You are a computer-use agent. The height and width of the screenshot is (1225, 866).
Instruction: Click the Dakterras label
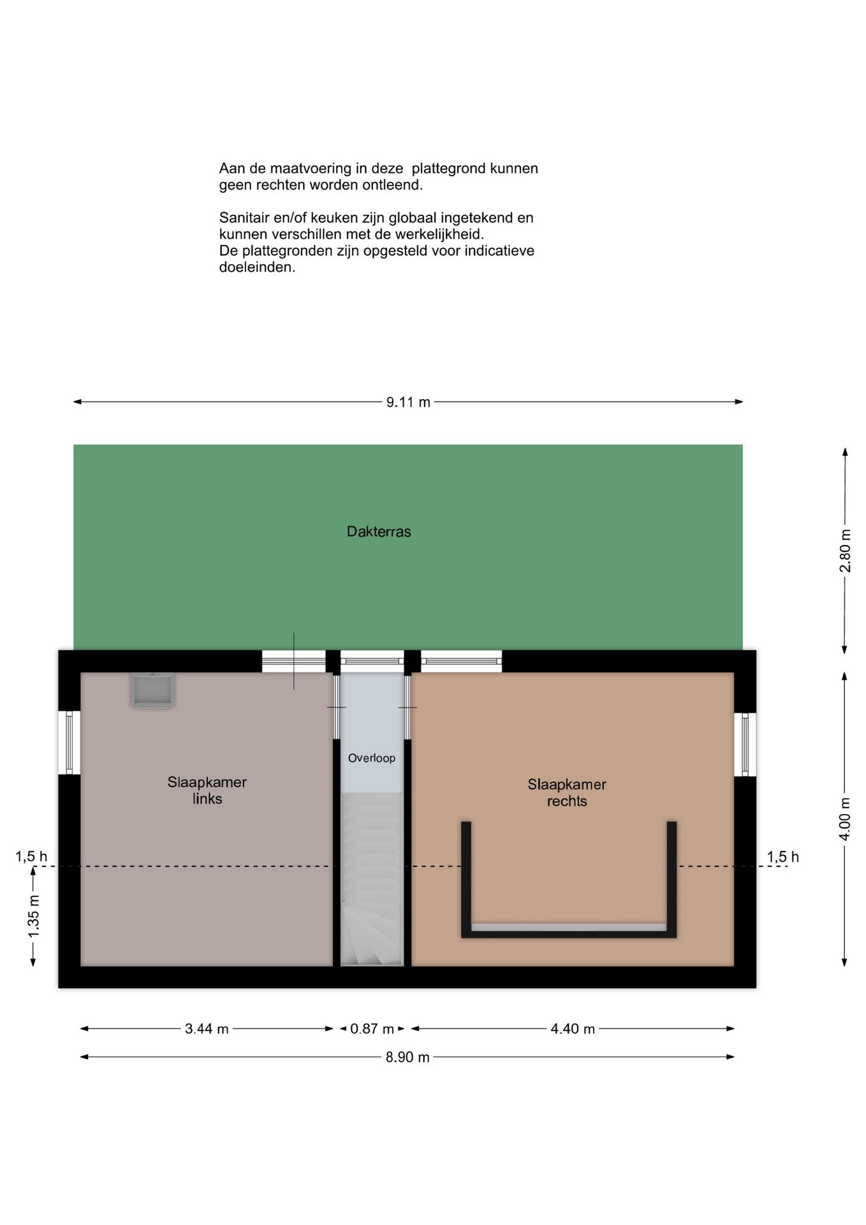click(379, 531)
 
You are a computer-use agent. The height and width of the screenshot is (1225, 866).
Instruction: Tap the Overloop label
click(371, 758)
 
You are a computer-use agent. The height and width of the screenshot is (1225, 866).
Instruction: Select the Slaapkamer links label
click(207, 790)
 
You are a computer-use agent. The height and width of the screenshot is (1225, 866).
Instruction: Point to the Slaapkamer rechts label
click(566, 792)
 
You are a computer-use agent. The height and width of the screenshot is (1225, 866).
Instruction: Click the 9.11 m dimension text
click(408, 402)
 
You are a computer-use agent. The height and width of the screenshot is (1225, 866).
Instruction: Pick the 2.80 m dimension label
click(845, 551)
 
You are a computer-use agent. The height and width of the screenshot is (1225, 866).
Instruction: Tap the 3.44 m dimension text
click(207, 1028)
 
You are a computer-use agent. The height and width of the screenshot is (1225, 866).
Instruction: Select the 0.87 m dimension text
click(372, 1028)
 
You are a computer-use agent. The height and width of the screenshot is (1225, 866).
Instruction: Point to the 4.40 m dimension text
click(573, 1028)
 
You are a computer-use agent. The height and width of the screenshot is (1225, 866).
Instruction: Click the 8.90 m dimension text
click(407, 1057)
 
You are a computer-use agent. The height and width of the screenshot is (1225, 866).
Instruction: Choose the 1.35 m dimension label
click(34, 916)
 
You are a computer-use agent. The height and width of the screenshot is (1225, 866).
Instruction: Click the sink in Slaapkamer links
click(152, 689)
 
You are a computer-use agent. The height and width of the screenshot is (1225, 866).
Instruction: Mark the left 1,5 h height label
click(31, 856)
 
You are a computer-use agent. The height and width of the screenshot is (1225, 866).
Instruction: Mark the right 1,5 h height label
click(782, 856)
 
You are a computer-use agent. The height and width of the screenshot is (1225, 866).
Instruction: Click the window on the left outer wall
click(70, 743)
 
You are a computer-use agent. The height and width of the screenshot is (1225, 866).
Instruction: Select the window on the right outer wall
click(745, 744)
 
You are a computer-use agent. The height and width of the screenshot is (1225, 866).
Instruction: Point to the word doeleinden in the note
click(257, 267)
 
